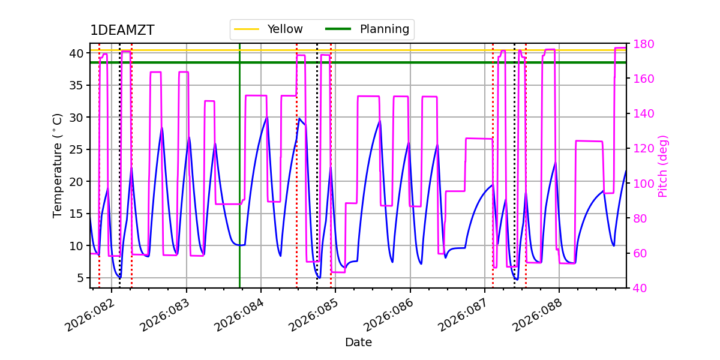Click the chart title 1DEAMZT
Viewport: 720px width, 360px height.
(122, 31)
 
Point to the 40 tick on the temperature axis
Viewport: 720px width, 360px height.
(76, 53)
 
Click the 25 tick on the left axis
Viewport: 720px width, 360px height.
(76, 149)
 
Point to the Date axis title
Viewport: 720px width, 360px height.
(358, 343)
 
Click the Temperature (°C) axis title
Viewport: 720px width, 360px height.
(58, 166)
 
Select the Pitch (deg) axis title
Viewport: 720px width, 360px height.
(663, 166)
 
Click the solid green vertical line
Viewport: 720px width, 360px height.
(239, 180)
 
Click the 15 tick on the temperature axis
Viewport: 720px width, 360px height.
(76, 214)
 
